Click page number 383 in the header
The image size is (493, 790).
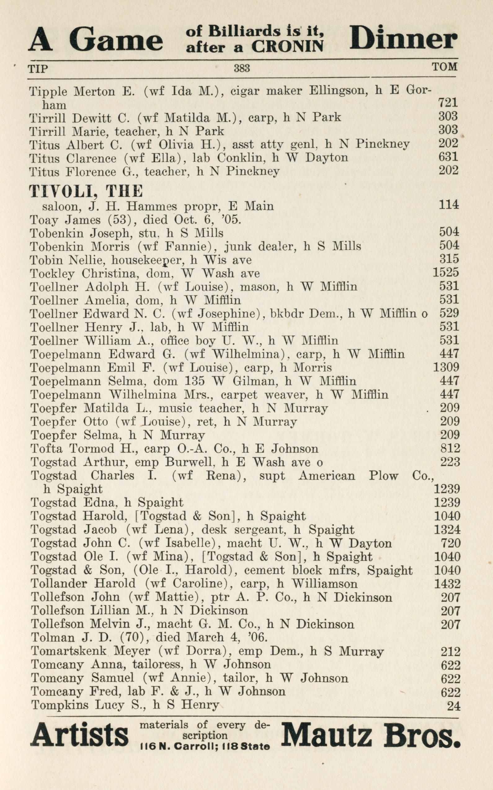[242, 68]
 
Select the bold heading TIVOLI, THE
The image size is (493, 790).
[86, 191]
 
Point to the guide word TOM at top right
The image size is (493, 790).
[444, 67]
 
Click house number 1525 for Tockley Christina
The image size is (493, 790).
[446, 272]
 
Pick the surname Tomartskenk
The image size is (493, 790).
[69, 740]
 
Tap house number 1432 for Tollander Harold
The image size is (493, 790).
[447, 583]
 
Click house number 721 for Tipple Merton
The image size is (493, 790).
[448, 103]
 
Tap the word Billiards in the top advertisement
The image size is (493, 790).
[245, 31]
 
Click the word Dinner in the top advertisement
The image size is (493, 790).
[403, 38]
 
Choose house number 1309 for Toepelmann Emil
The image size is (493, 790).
[446, 367]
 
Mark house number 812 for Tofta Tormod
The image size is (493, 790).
[450, 449]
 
